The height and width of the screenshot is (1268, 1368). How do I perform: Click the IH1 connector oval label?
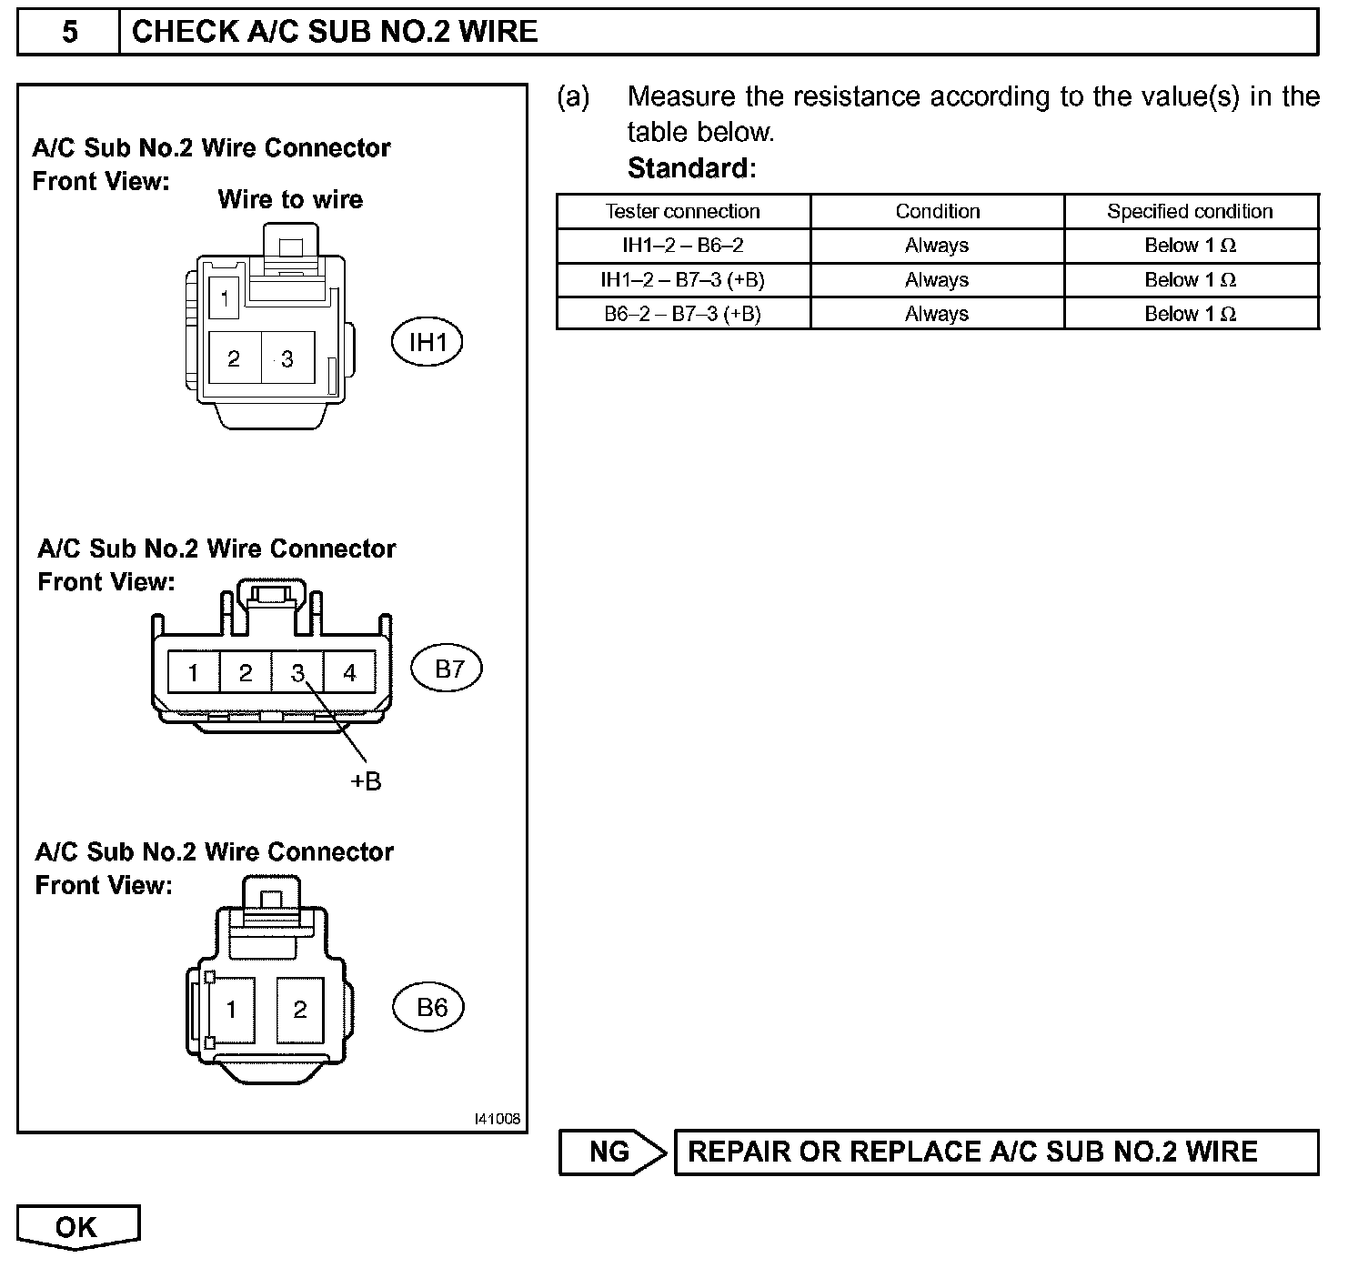tap(427, 342)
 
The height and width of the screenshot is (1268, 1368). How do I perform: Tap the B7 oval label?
tap(447, 669)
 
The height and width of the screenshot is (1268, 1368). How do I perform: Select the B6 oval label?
tap(431, 1007)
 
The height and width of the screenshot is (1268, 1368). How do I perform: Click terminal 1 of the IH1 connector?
tap(224, 297)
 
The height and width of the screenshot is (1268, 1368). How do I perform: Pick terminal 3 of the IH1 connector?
tap(287, 358)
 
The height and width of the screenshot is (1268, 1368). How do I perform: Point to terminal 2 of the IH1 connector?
tap(234, 358)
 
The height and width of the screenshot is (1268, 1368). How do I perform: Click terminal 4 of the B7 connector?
tap(349, 673)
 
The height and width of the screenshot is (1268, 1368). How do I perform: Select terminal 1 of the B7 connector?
tap(194, 673)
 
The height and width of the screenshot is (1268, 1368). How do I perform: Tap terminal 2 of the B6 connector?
tap(300, 1009)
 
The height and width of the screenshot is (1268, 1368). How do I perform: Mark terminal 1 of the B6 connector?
tap(231, 1009)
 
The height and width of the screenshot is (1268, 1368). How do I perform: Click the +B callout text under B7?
tap(366, 781)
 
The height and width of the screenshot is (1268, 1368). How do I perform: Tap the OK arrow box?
tap(77, 1227)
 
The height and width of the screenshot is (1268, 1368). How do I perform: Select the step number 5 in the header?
tap(69, 33)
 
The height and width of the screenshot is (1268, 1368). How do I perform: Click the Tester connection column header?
tap(682, 211)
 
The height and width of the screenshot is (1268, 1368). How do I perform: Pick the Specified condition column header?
tap(1190, 211)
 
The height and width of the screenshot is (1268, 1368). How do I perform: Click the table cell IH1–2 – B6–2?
tap(682, 246)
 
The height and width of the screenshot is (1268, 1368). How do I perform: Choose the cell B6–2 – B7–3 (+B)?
tap(682, 314)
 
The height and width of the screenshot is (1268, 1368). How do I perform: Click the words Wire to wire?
tap(290, 199)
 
